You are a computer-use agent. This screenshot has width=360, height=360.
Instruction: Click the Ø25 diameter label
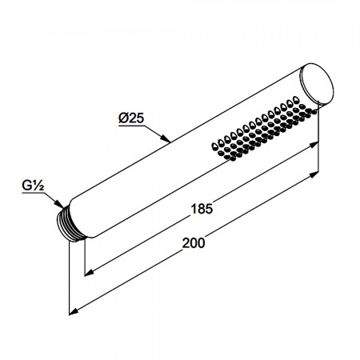(131, 118)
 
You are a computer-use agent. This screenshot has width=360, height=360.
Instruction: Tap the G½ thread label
(33, 186)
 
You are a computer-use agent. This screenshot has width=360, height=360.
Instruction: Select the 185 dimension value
(202, 209)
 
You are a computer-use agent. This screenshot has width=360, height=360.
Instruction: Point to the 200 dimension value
(194, 243)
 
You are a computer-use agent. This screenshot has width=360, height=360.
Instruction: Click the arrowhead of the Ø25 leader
(166, 138)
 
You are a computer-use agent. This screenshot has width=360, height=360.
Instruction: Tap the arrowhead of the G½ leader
(59, 203)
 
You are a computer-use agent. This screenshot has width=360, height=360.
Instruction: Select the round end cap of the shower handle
(317, 84)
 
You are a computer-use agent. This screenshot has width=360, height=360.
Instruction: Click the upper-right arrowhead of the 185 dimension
(314, 145)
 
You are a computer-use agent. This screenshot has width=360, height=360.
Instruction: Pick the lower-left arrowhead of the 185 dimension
(90, 273)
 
